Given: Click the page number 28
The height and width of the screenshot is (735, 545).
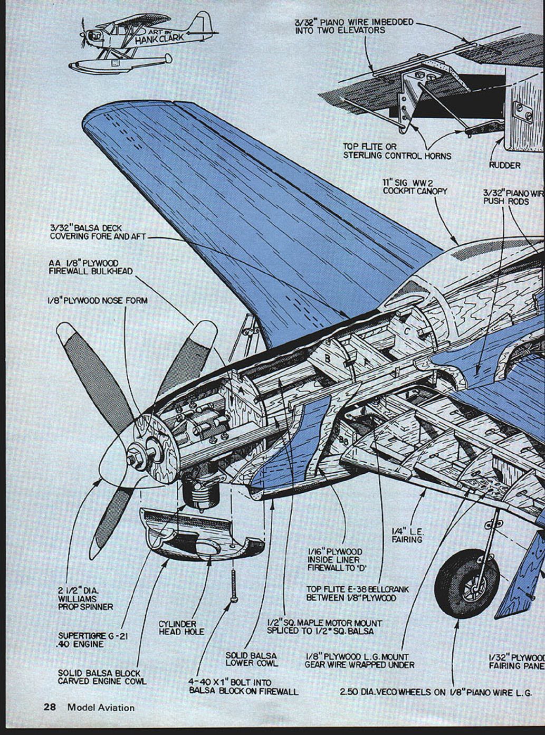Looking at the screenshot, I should [x=50, y=707].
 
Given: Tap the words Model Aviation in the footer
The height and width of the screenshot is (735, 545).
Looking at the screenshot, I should [x=101, y=707].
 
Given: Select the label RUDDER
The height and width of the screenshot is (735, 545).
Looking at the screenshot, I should [x=504, y=165].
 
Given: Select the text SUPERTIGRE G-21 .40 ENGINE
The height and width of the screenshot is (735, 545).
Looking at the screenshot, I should [x=92, y=640].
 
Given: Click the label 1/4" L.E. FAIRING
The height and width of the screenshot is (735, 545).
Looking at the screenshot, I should [x=407, y=536].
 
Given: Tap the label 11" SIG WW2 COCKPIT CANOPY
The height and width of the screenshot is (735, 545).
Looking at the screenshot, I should [x=415, y=186].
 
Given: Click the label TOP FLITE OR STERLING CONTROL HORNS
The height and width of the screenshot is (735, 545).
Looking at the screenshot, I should [x=397, y=151].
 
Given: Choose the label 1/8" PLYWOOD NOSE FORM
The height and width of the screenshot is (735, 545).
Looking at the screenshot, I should [x=97, y=301].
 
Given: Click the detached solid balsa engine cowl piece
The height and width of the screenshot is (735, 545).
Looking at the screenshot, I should [x=200, y=533].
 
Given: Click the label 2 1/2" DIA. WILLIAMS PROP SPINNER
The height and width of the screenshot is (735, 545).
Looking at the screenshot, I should [x=85, y=599].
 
